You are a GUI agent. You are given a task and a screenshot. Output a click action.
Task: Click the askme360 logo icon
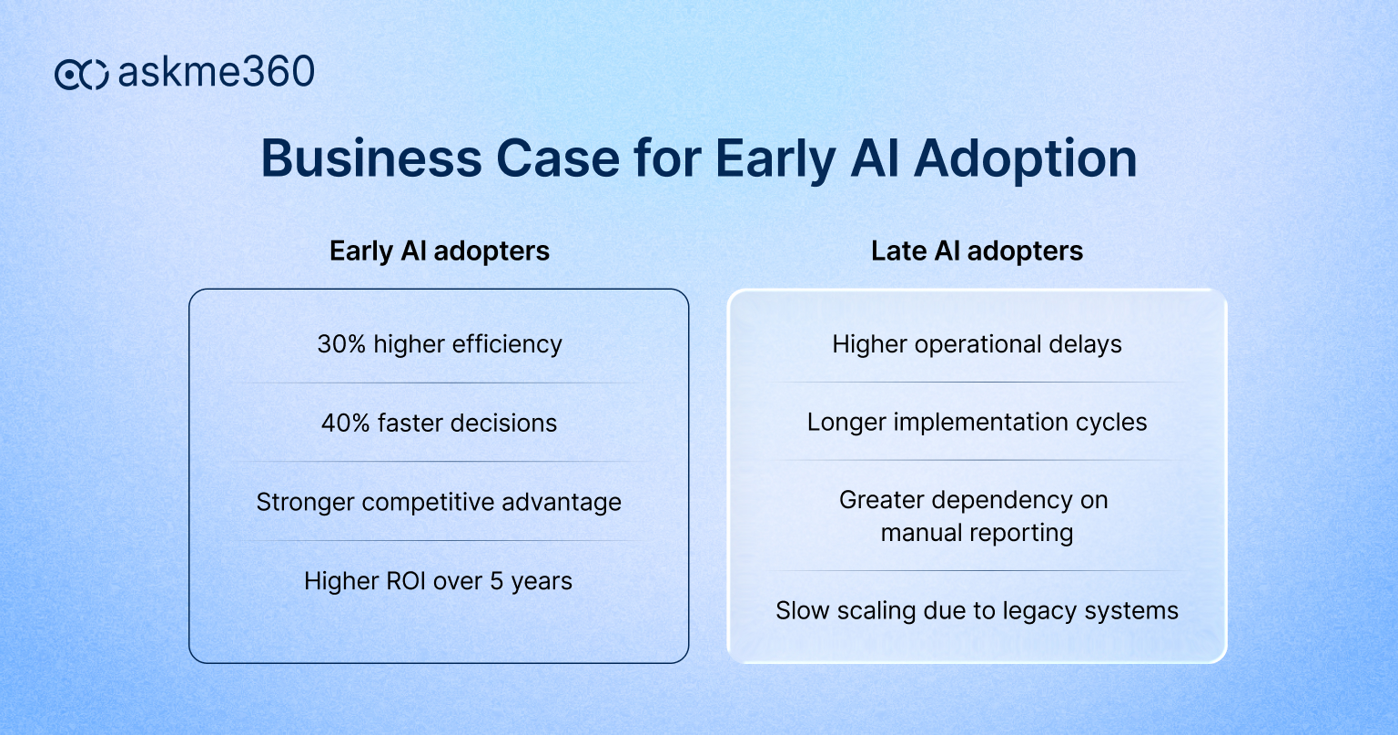point(81,74)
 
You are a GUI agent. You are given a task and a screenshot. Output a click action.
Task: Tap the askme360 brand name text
point(217,72)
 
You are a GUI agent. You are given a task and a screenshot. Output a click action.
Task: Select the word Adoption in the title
point(1025,158)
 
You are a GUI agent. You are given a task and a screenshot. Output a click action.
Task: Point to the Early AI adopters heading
point(440,251)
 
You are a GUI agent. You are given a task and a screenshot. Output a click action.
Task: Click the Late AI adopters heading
point(977,251)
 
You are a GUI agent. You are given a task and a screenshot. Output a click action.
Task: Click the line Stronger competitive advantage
point(439,503)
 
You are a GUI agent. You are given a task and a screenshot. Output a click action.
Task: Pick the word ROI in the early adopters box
point(400,581)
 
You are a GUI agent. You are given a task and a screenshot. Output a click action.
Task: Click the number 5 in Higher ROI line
point(497,581)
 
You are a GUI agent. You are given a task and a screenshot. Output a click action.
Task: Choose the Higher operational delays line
point(977,344)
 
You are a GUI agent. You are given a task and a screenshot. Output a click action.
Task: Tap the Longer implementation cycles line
point(977,423)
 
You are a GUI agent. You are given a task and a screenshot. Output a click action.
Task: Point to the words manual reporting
point(977,533)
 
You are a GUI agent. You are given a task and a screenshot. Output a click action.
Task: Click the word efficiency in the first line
point(506,344)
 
